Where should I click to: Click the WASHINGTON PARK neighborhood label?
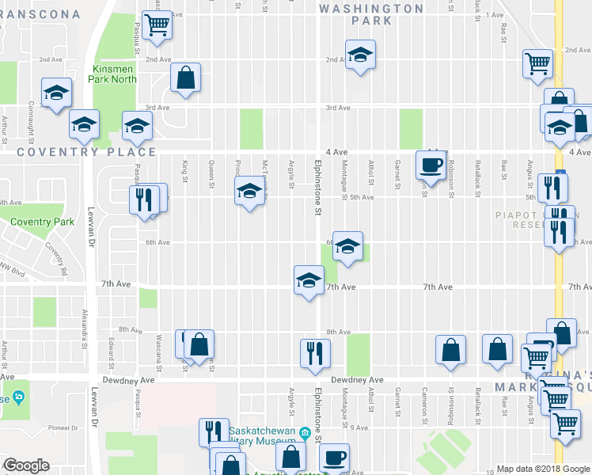click(x=371, y=14)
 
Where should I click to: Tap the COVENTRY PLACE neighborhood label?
click(x=82, y=152)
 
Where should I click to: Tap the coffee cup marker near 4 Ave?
click(x=431, y=165)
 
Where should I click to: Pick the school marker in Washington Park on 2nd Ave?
click(x=360, y=56)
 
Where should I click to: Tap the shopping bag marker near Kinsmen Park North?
click(x=185, y=78)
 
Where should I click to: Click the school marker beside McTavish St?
click(x=250, y=192)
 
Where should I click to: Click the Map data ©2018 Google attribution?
click(x=544, y=469)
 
